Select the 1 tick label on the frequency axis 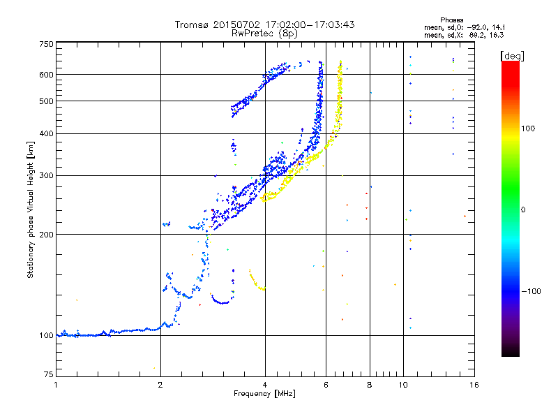[x=56, y=385]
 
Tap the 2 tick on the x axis [x=160, y=385]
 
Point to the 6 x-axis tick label [x=326, y=385]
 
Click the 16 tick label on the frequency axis [x=473, y=385]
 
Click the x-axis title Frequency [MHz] [x=264, y=394]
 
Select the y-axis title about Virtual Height [x=31, y=209]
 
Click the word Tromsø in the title [x=191, y=24]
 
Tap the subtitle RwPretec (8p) [x=264, y=33]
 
